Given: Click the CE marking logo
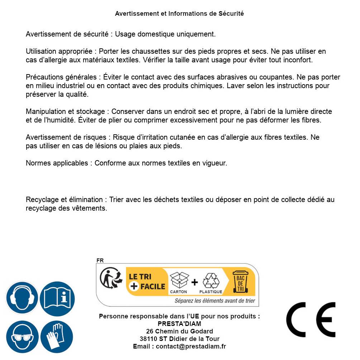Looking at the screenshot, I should [x=311, y=320].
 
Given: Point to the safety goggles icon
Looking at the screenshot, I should [x=22, y=337].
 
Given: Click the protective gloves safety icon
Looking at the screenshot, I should [x=57, y=337].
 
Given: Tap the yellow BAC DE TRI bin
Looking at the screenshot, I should [x=240, y=282].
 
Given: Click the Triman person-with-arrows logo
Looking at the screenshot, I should [x=110, y=278].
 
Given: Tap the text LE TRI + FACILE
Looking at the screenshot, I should [x=147, y=282].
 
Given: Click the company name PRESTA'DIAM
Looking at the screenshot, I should [x=179, y=324].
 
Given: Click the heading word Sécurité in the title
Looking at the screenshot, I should [x=231, y=14].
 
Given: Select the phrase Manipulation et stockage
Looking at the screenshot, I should [x=66, y=112].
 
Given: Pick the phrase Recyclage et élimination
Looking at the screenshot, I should [x=64, y=200].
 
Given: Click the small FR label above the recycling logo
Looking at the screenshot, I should [x=100, y=260].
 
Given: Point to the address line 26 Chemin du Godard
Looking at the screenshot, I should [x=179, y=331].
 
